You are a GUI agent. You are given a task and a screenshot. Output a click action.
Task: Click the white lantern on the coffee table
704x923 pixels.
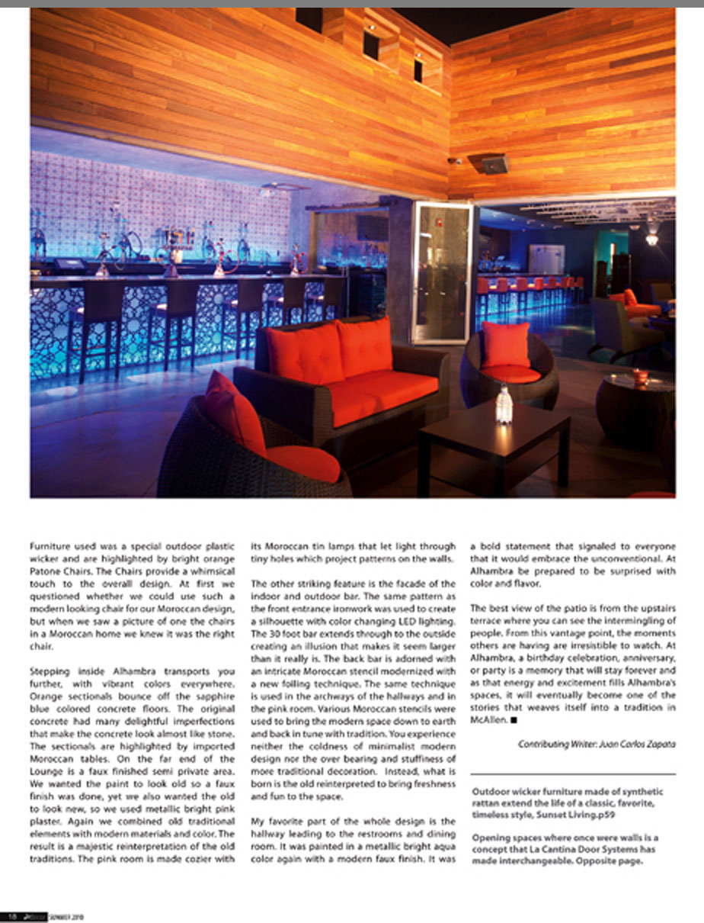[x=504, y=404]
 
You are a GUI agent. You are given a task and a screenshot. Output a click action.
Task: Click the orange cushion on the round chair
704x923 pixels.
[x=505, y=345]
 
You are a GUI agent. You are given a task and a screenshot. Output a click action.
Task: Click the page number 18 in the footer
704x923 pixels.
[x=13, y=915]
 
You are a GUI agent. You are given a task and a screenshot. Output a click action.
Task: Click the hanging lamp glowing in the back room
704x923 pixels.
[x=651, y=238]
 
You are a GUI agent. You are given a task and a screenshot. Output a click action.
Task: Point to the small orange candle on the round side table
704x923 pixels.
[x=640, y=377]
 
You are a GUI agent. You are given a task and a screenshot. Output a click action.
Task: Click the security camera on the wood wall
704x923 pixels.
[x=455, y=161]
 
